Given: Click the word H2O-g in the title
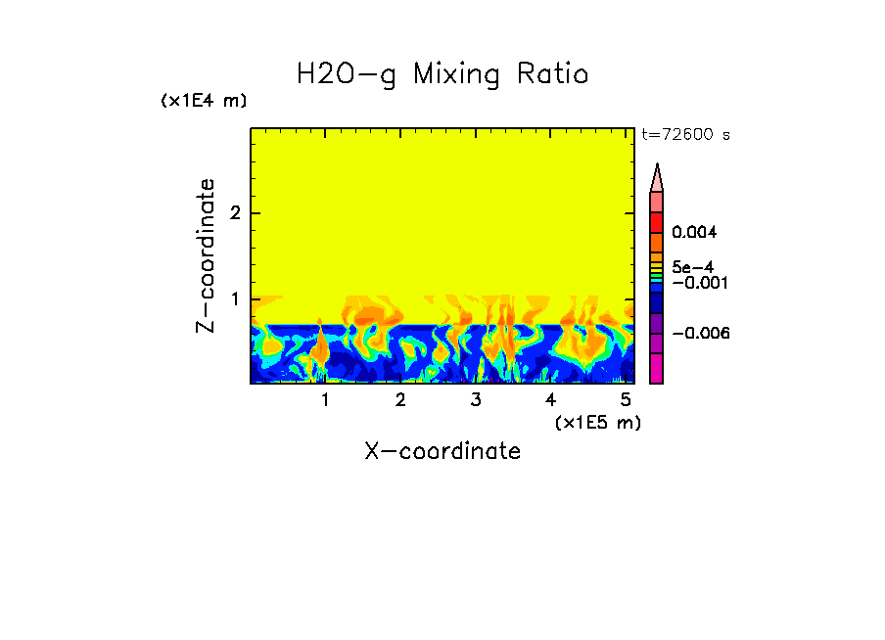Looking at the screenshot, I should point(348,74).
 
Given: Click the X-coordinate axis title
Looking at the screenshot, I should point(442,451).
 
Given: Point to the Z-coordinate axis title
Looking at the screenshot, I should point(206,255).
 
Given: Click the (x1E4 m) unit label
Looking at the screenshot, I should point(203,101).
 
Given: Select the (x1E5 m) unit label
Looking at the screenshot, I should point(597,422).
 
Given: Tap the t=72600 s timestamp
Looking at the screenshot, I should point(685,135).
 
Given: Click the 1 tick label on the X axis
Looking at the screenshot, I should point(325,400).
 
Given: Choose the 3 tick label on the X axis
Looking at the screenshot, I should point(476,400).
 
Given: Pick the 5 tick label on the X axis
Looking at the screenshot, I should point(626,400).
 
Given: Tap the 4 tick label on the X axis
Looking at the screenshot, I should point(551,400).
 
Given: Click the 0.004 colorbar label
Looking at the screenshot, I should point(695,233).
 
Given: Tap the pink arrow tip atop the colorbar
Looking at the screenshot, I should point(657,177).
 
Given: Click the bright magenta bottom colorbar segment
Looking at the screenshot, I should point(657,368).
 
